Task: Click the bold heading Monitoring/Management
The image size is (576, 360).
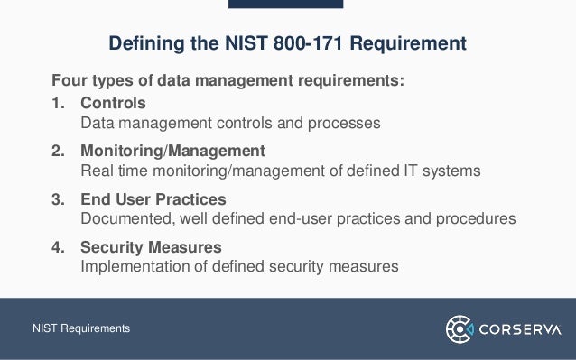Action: point(172,150)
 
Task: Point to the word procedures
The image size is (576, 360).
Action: point(475,218)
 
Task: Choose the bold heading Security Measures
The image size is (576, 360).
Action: point(151,246)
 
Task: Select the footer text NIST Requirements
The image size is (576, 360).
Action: point(81,328)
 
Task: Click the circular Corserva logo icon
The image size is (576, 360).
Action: point(460,328)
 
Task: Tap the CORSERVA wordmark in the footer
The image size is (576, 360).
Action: point(523,328)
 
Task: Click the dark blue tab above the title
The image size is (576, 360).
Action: point(285,5)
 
